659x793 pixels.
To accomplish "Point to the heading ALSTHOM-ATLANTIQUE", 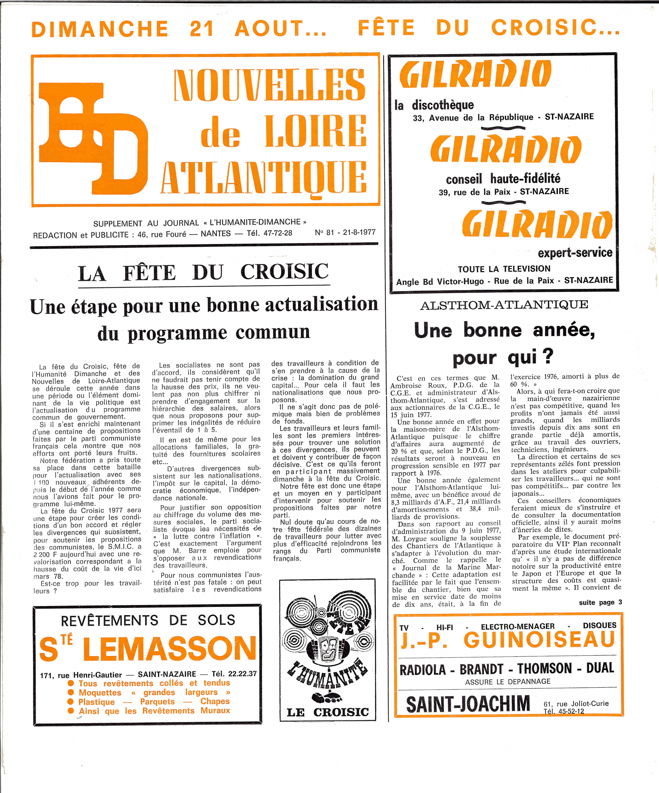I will point(504,305).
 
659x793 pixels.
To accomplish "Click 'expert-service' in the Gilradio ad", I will point(575,252).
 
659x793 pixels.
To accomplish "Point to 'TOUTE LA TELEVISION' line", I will point(504,269).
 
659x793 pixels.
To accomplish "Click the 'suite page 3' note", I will point(600,602).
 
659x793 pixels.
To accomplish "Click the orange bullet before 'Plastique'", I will point(70,702).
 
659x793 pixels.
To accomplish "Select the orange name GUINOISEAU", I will point(539,639).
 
